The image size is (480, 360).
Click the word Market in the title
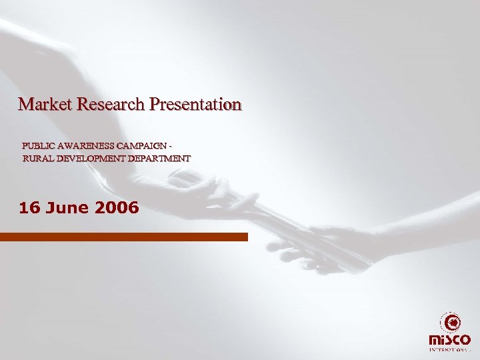point(45,104)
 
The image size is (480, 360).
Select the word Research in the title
point(111,104)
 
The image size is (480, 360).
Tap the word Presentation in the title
point(195,105)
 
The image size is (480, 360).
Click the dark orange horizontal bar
point(124,237)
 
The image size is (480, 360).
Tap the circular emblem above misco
point(451,323)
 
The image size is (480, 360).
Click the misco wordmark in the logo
point(450,340)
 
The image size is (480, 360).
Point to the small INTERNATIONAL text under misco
point(450,349)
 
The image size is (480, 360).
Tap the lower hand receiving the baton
point(325,248)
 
